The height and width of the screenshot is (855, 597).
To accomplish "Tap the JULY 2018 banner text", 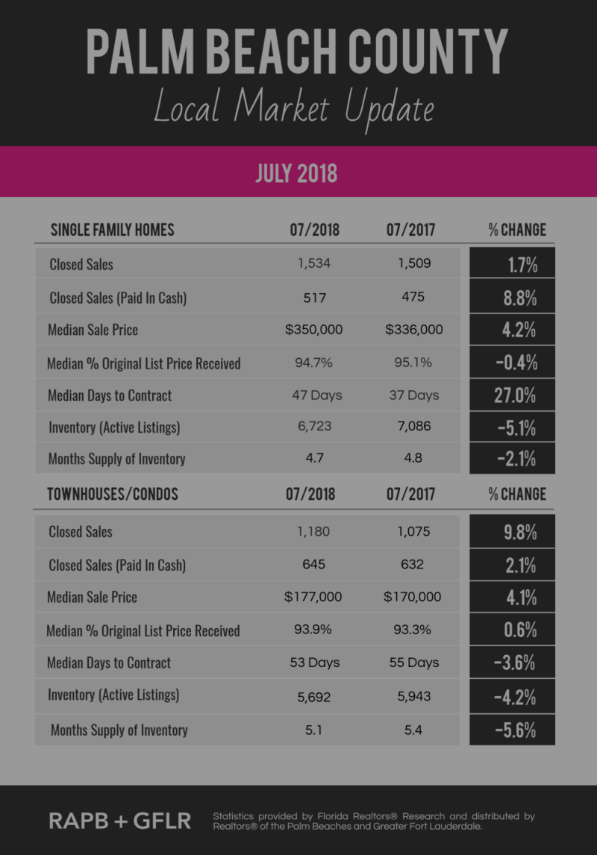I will [296, 172].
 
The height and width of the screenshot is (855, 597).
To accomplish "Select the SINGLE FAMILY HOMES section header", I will [112, 230].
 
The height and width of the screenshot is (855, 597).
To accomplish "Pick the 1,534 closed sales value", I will [314, 263].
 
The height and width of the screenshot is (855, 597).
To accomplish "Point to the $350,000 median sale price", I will [314, 329].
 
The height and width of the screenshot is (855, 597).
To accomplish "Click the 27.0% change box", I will [512, 395].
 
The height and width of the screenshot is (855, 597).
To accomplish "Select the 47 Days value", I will [316, 395].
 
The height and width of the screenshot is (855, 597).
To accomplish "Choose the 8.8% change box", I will [512, 297].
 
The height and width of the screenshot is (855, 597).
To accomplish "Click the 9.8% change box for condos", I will [512, 532].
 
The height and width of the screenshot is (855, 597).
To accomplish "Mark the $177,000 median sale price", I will [313, 597].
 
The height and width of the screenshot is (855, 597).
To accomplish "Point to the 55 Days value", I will [414, 663].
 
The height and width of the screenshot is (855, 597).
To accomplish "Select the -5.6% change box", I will [512, 730].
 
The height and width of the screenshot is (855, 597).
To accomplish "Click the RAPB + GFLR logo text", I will [119, 821].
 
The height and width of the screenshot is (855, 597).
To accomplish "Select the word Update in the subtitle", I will [389, 109].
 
